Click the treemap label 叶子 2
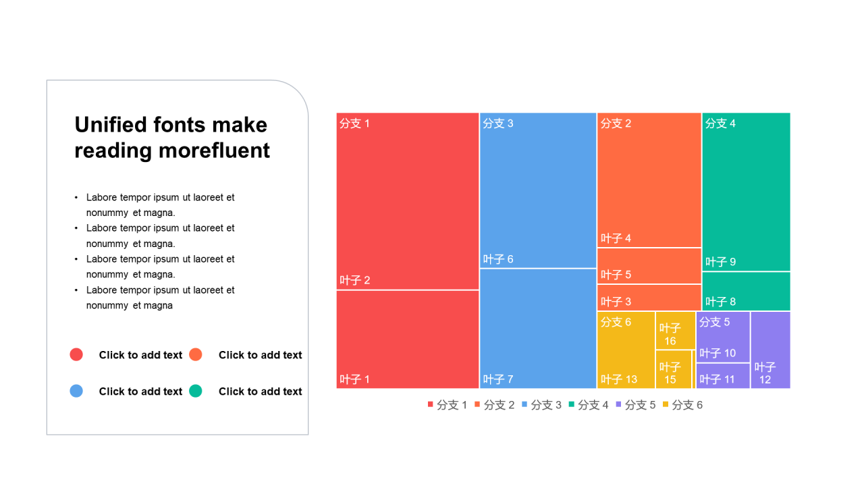pos(354,280)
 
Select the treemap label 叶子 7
pos(498,379)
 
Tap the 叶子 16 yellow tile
pos(675,331)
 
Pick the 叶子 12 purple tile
pos(770,350)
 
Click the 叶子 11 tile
pos(723,376)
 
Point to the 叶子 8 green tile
pos(746,291)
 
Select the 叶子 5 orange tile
pos(649,266)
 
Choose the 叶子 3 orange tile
pos(649,298)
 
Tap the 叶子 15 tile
pos(674,369)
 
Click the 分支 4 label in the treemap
pos(720,124)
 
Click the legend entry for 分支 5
pos(636,404)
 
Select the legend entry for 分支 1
pos(448,404)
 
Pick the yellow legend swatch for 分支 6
pos(666,404)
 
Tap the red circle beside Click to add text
pos(76,354)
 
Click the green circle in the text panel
pos(196,391)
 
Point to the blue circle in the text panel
pos(76,391)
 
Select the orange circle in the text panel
pos(196,354)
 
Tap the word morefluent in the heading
pos(214,150)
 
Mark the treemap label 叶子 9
pos(720,262)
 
